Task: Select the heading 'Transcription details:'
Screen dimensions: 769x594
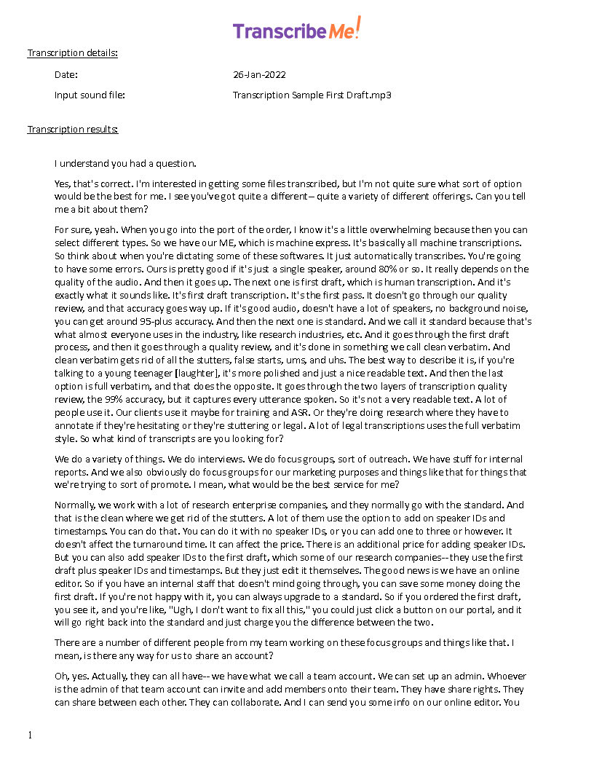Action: [72, 53]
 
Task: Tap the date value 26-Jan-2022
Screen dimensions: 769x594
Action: [259, 74]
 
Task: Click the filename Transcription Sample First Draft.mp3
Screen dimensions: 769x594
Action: [312, 95]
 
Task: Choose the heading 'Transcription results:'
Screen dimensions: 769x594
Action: [72, 130]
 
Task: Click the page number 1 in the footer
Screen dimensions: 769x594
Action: [30, 735]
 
